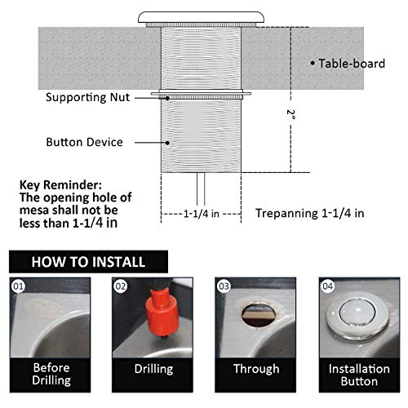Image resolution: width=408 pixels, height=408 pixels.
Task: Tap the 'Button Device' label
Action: pos(85,142)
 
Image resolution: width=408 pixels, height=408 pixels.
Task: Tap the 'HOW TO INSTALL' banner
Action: pos(88,263)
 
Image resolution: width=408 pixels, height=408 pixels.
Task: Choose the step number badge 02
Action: pos(122,286)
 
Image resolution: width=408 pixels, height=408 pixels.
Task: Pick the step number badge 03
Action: pos(223,286)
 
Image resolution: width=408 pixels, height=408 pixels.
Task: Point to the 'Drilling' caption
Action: pos(153,369)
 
